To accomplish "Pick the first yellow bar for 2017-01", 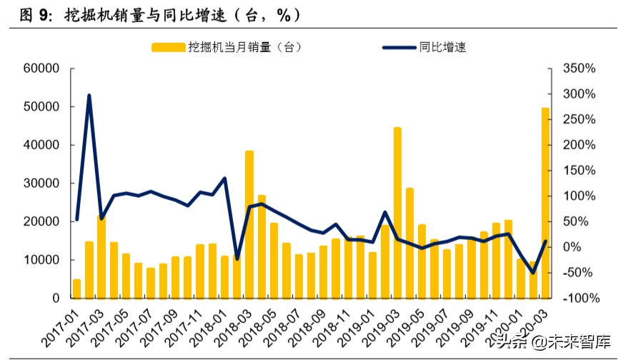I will (76, 288).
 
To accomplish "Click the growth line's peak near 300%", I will (89, 95).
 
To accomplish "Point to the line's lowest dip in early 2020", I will (533, 273).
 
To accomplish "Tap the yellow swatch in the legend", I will (168, 48).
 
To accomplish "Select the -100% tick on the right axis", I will (579, 298).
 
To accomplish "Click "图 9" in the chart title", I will (19, 14).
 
